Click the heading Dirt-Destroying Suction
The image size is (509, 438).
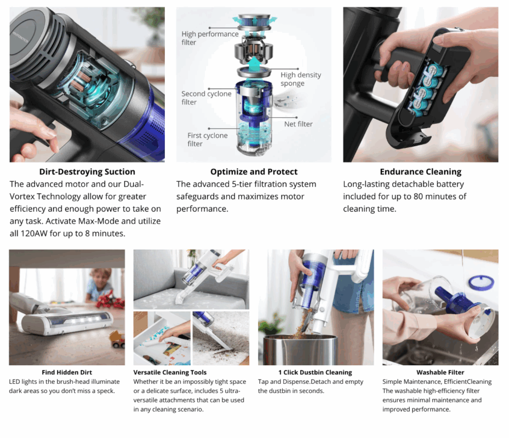pos(87,171)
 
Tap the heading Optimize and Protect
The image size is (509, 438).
pos(254,171)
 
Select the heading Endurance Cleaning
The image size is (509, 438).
pos(421,171)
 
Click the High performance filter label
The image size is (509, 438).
pos(210,38)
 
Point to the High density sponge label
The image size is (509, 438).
pos(301,79)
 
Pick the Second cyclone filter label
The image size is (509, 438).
pos(206,97)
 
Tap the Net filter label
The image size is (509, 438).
pos(298,124)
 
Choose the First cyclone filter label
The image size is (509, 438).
pos(207,140)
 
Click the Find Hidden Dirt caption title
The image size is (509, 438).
pos(67,372)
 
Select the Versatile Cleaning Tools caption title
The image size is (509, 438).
pos(170,372)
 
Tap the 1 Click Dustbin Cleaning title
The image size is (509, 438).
pos(315,372)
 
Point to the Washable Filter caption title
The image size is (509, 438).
pos(440,372)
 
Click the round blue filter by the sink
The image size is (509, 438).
pos(482,283)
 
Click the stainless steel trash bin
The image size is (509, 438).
pos(300,350)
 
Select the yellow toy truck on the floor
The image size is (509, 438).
pos(117,339)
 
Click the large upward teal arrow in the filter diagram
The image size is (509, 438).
pos(254,65)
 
